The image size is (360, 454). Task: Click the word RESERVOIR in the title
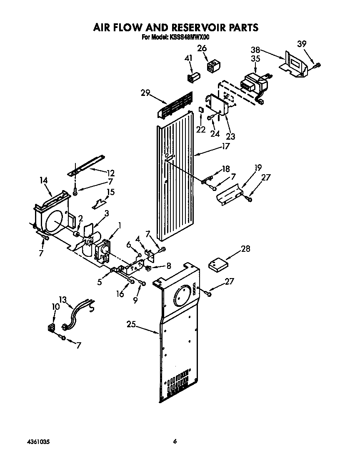pyautogui.click(x=195, y=28)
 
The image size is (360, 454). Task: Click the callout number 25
pyautogui.click(x=132, y=324)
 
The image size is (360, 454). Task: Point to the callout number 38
pyautogui.click(x=255, y=49)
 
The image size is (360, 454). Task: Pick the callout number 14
pyautogui.click(x=44, y=181)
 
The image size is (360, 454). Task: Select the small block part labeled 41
pyautogui.click(x=195, y=78)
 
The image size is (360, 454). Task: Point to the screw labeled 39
pyautogui.click(x=318, y=65)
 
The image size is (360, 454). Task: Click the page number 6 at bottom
pyautogui.click(x=175, y=441)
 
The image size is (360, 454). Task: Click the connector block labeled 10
pyautogui.click(x=52, y=327)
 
